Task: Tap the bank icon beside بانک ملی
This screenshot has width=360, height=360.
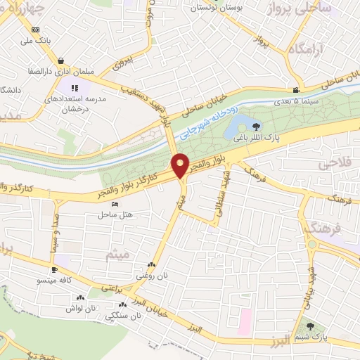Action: click(x=36, y=29)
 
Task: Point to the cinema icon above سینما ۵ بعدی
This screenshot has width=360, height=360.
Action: click(x=296, y=89)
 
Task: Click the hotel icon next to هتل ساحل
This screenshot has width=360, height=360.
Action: click(x=115, y=203)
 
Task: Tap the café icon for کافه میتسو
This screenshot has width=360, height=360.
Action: click(x=53, y=269)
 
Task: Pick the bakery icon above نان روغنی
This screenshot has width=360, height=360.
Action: click(x=150, y=266)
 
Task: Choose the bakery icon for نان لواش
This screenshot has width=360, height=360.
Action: click(x=89, y=297)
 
